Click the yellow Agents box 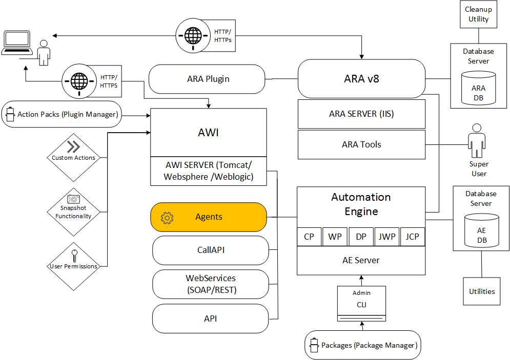pyautogui.click(x=209, y=217)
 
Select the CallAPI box pyautogui.click(x=211, y=250)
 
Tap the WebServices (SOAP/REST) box pyautogui.click(x=211, y=284)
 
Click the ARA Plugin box pyautogui.click(x=208, y=79)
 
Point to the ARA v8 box pyautogui.click(x=361, y=79)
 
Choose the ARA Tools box pyautogui.click(x=361, y=144)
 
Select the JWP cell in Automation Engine pyautogui.click(x=387, y=237)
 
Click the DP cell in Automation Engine pyautogui.click(x=361, y=237)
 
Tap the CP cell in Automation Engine pyautogui.click(x=309, y=237)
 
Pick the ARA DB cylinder pyautogui.click(x=478, y=88)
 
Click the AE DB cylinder pyautogui.click(x=481, y=231)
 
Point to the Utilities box pyautogui.click(x=482, y=291)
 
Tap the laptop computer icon pyautogui.click(x=18, y=43)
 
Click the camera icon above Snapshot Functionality pyautogui.click(x=73, y=199)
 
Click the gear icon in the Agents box pyautogui.click(x=167, y=217)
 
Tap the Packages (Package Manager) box pyautogui.click(x=362, y=345)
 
